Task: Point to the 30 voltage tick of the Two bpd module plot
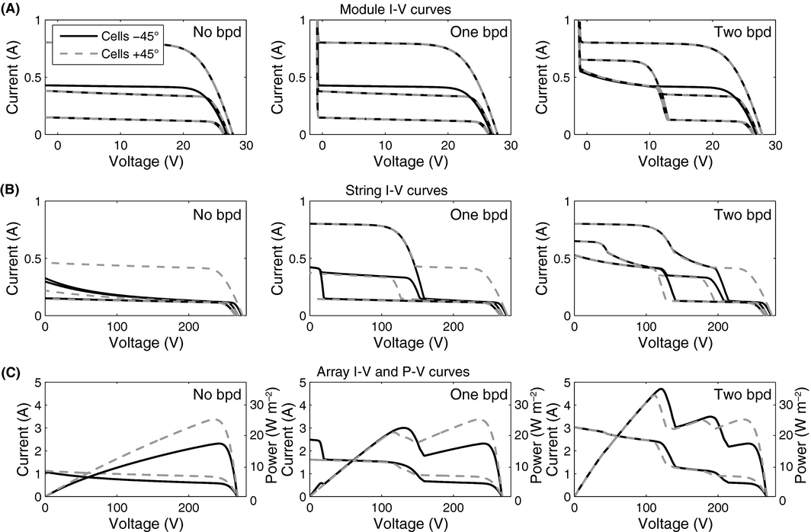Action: [x=775, y=145]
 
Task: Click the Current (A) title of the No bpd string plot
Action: [x=14, y=258]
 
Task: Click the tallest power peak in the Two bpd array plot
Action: [x=660, y=389]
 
